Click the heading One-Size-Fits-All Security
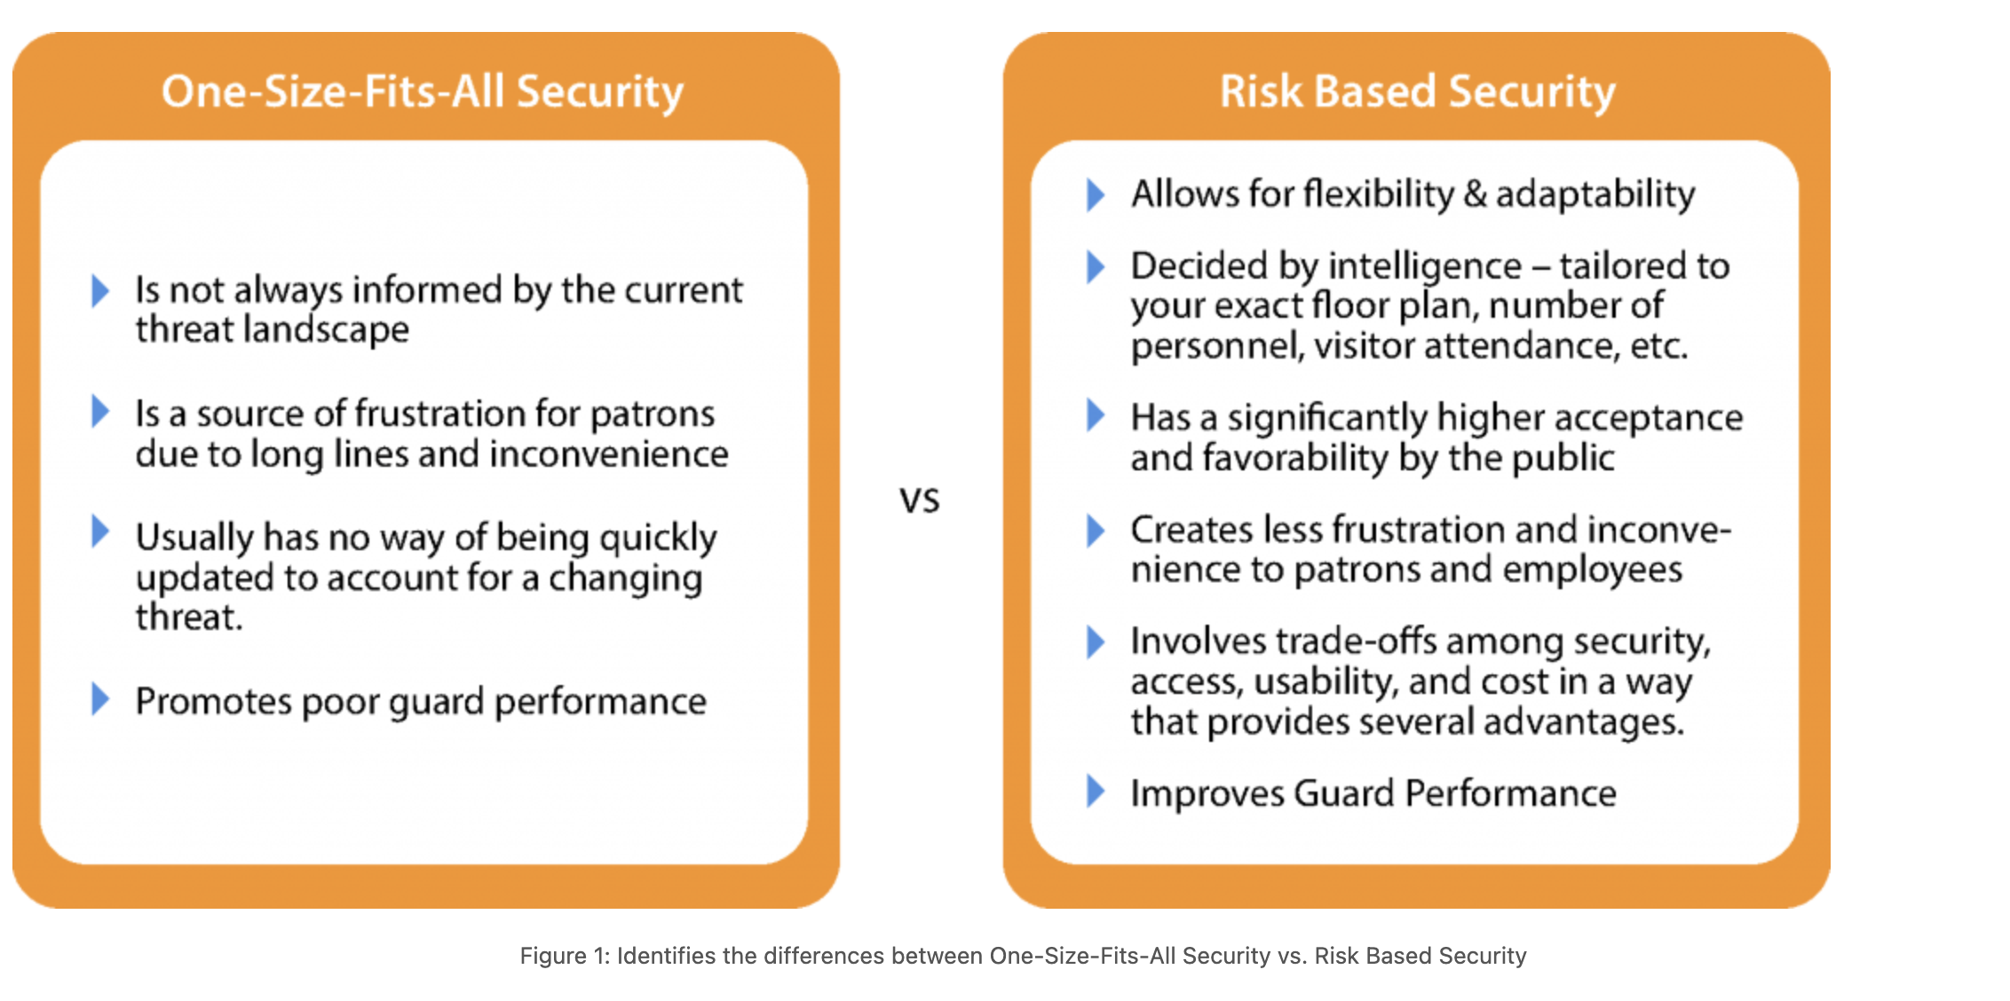(423, 91)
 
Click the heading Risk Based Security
(1417, 91)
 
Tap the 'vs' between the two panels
(920, 500)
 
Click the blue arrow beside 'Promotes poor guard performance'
(100, 699)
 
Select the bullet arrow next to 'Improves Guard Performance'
(1096, 791)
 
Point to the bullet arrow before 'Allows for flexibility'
(1096, 193)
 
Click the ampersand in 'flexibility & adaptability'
(1475, 193)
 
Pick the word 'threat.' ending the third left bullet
(189, 618)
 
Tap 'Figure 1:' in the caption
(565, 956)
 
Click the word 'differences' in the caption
(823, 956)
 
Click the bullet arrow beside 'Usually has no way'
(100, 532)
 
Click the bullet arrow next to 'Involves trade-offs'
(1096, 642)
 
